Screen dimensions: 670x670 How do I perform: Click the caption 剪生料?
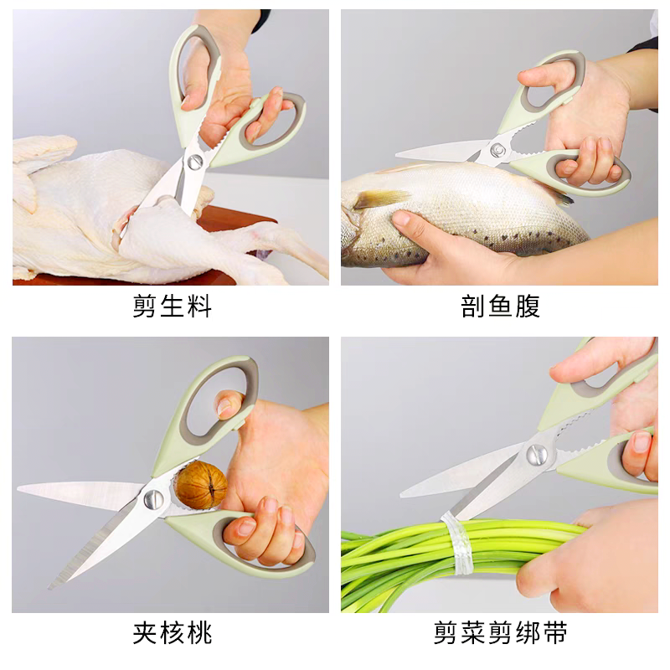pyautogui.click(x=172, y=307)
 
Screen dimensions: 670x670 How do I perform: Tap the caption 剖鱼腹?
pyautogui.click(x=500, y=307)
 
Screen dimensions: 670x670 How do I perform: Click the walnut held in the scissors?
pyautogui.click(x=201, y=486)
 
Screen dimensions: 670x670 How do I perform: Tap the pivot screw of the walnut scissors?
pyautogui.click(x=152, y=499)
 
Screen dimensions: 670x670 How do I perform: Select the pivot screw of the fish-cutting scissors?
pyautogui.click(x=498, y=150)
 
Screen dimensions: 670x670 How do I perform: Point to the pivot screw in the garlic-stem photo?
pyautogui.click(x=537, y=455)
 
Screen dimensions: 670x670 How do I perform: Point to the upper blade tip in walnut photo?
pyautogui.click(x=20, y=488)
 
